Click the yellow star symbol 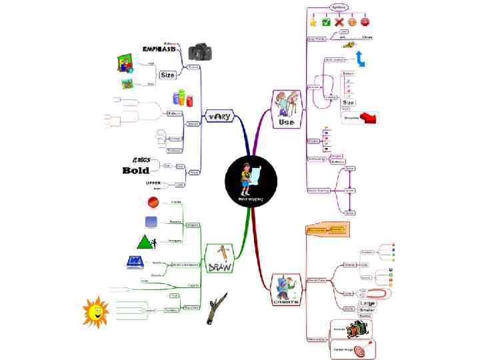tap(313, 22)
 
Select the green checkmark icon tap(326, 22)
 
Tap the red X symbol tap(339, 22)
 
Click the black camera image tap(199, 51)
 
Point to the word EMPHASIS tap(160, 49)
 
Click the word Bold tap(135, 171)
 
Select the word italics tap(141, 160)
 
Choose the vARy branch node tap(219, 117)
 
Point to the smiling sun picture tap(95, 311)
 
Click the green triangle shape tap(146, 241)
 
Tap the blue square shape tap(151, 221)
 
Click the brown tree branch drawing tap(216, 307)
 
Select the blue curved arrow tap(360, 59)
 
